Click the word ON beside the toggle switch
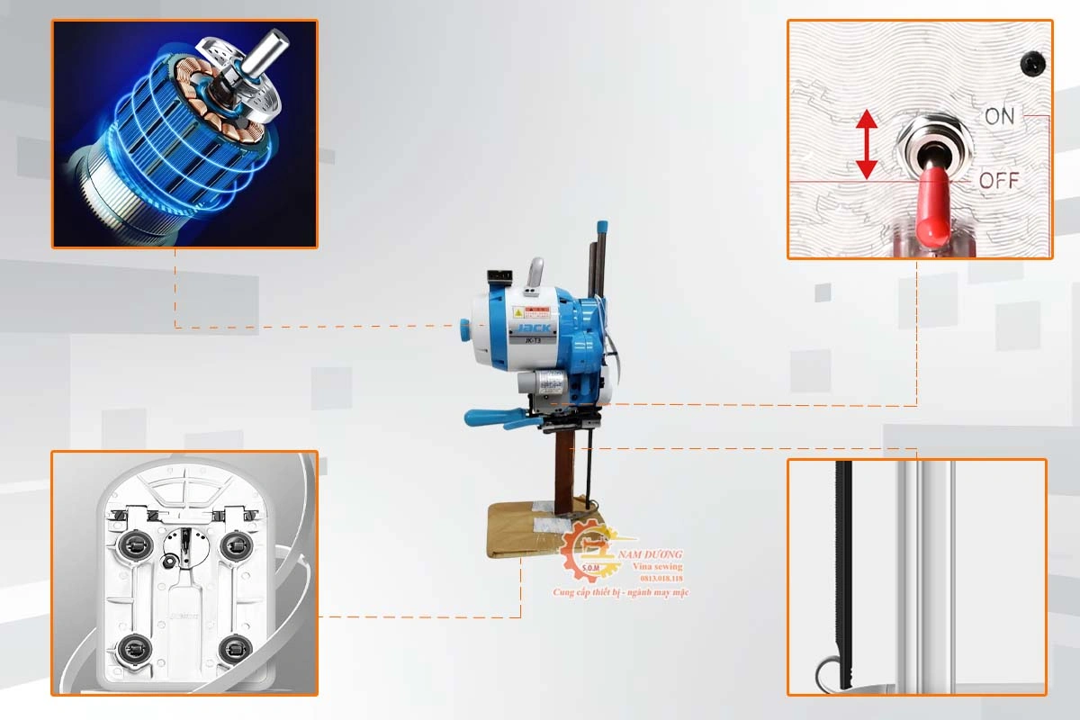[998, 116]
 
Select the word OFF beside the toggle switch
[999, 180]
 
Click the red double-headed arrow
[866, 144]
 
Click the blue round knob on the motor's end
[464, 328]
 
